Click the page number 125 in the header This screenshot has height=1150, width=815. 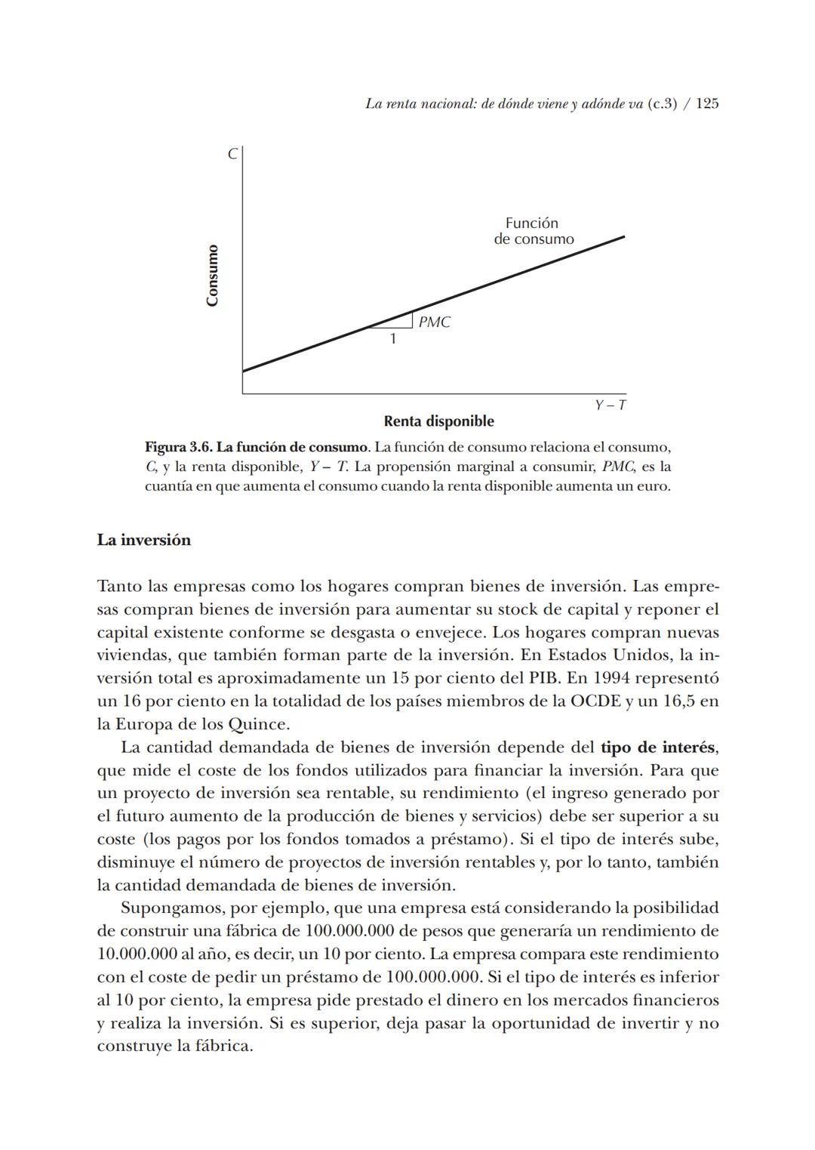click(x=706, y=104)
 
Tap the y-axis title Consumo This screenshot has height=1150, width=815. click(x=212, y=275)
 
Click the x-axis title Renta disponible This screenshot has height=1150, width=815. click(x=438, y=421)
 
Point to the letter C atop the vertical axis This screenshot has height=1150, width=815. click(x=232, y=154)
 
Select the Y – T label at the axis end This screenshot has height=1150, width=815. click(x=610, y=405)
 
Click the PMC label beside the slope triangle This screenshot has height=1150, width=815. click(x=434, y=322)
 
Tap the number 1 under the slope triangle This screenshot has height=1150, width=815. click(x=392, y=339)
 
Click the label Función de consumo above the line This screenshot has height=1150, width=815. click(x=533, y=231)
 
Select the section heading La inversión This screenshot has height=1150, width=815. click(x=143, y=541)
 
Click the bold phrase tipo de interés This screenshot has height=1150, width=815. click(x=657, y=748)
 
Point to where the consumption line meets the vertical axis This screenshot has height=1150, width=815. click(x=243, y=371)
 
